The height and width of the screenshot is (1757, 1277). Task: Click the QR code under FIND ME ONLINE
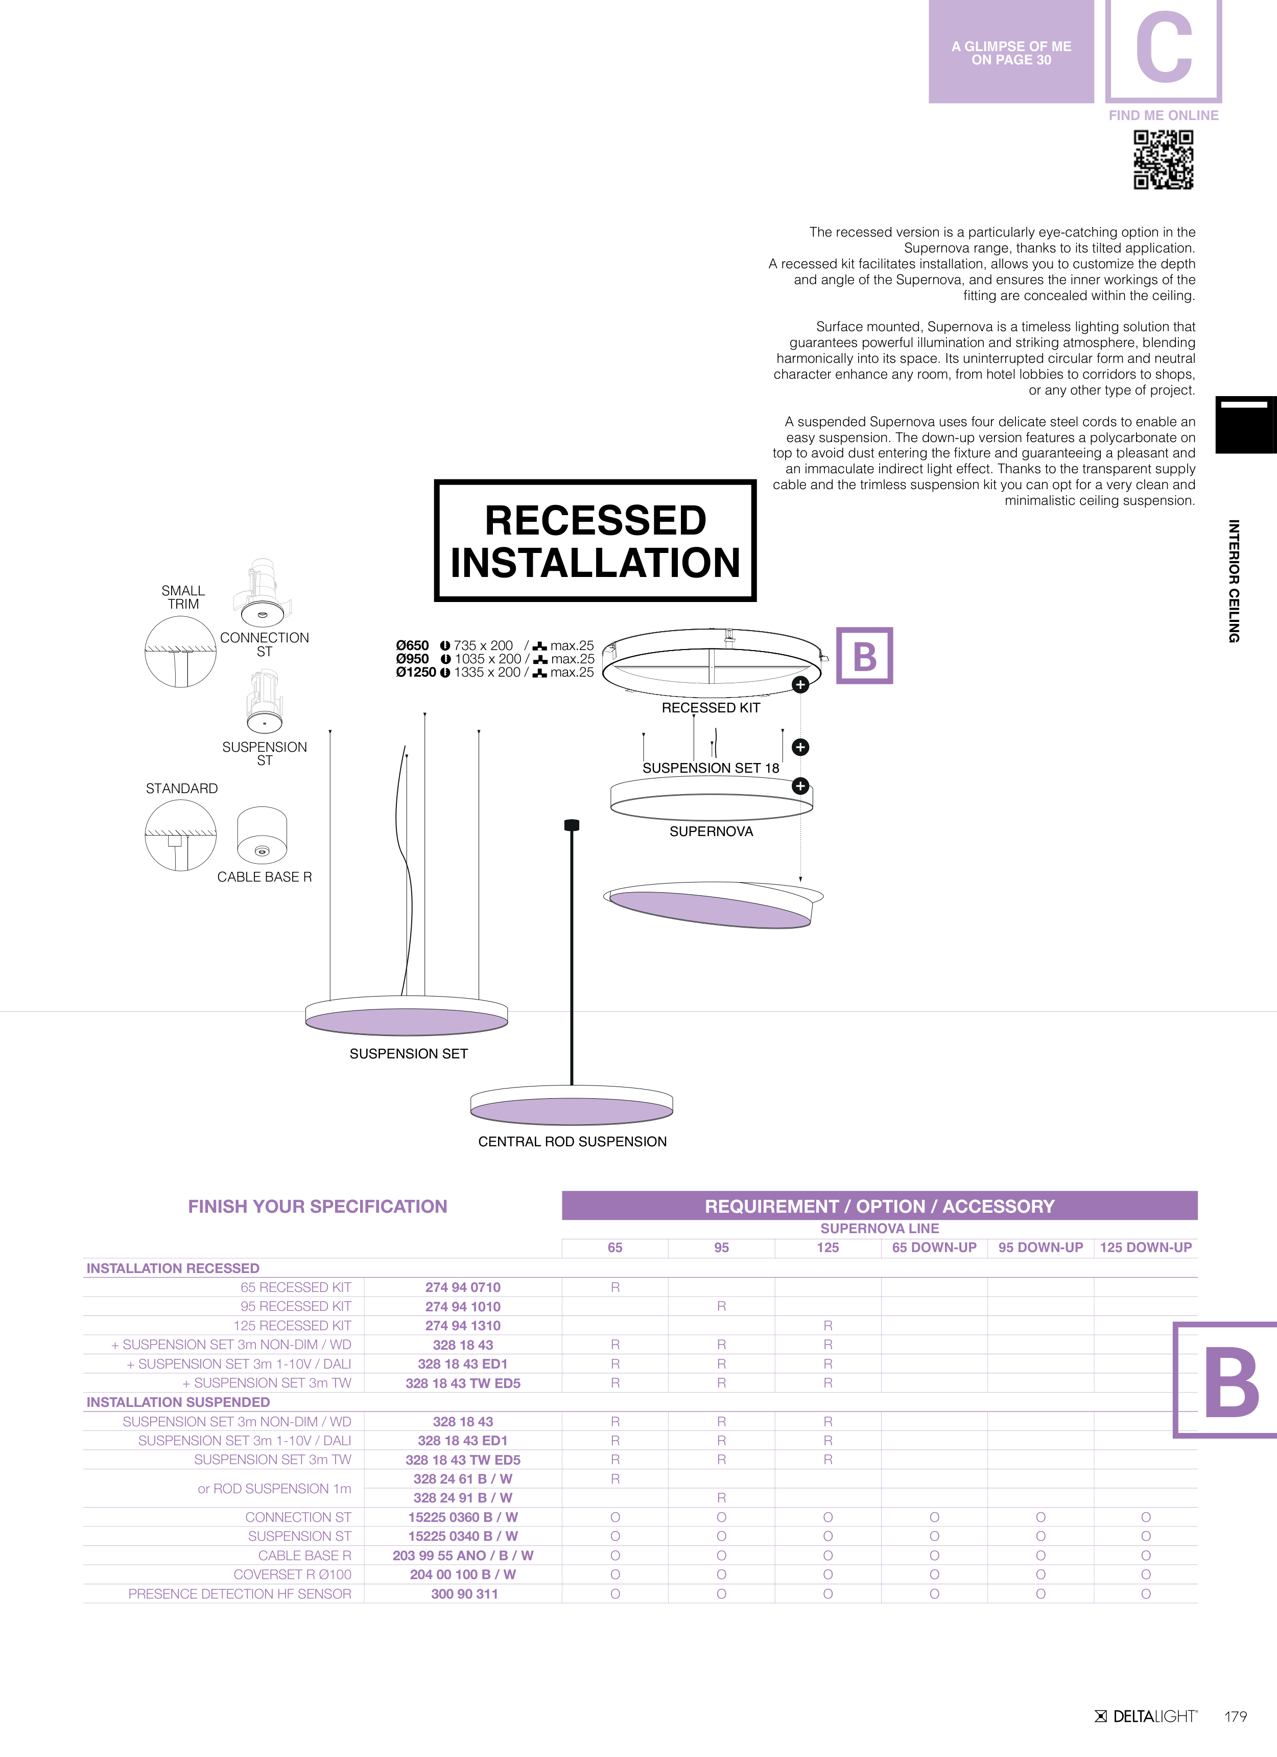[x=1163, y=159]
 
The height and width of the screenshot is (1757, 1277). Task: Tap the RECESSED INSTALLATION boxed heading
[x=595, y=541]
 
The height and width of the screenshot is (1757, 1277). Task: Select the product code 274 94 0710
[x=462, y=1287]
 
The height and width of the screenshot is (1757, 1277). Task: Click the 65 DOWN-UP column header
[x=934, y=1247]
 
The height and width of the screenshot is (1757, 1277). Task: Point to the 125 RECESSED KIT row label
[x=292, y=1326]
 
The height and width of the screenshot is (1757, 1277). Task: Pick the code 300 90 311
[x=464, y=1593]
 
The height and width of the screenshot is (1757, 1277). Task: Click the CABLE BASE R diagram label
[x=264, y=877]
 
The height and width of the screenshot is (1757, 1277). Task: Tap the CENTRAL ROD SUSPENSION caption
[x=572, y=1141]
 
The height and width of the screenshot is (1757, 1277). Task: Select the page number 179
[x=1235, y=1716]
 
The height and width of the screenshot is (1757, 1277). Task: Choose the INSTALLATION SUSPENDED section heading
[x=178, y=1402]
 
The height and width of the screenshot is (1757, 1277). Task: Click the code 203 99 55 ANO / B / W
[x=462, y=1555]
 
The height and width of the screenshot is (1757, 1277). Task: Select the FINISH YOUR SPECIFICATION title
[x=318, y=1206]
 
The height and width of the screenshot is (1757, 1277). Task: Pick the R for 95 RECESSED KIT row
[x=721, y=1306]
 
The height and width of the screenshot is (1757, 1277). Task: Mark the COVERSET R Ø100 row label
[x=292, y=1574]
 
